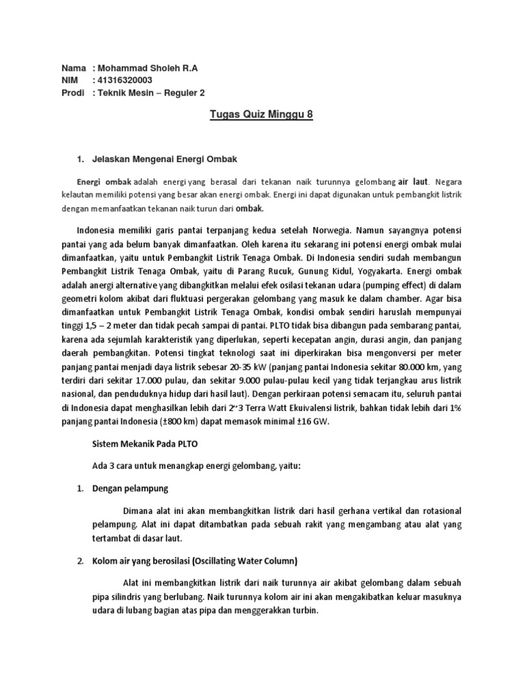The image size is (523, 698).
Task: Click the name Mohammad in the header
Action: coord(121,68)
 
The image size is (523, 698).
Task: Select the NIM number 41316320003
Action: coord(125,80)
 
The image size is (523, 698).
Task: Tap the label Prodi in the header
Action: coord(73,93)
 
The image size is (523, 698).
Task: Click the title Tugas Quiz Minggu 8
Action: coord(261,115)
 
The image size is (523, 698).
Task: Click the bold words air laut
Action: coord(413,182)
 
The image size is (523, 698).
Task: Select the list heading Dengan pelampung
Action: coord(129,489)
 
